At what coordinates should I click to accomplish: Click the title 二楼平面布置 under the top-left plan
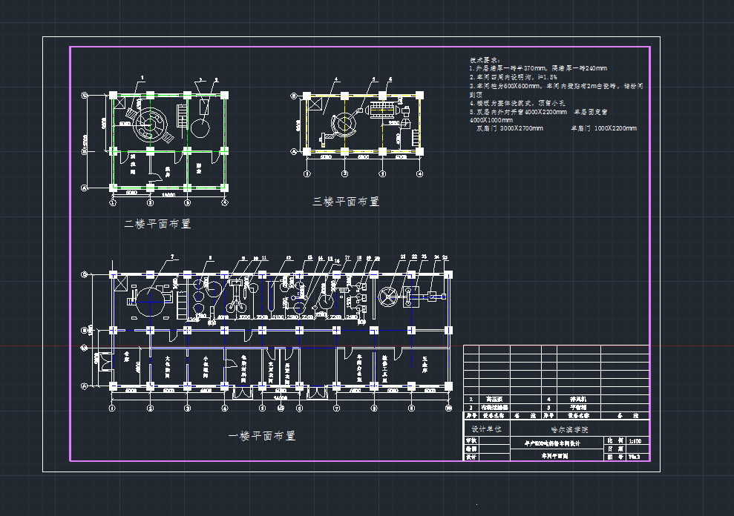[157, 223]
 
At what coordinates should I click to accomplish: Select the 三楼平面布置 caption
[345, 201]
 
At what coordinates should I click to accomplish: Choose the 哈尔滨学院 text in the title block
[568, 429]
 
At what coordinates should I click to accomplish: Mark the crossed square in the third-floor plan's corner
[311, 105]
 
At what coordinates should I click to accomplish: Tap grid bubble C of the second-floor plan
[85, 95]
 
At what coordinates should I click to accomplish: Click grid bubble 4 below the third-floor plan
[419, 174]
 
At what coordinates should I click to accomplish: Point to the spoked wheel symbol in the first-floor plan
[388, 298]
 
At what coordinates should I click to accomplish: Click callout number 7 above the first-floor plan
[171, 257]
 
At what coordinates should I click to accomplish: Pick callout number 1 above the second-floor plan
[141, 76]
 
